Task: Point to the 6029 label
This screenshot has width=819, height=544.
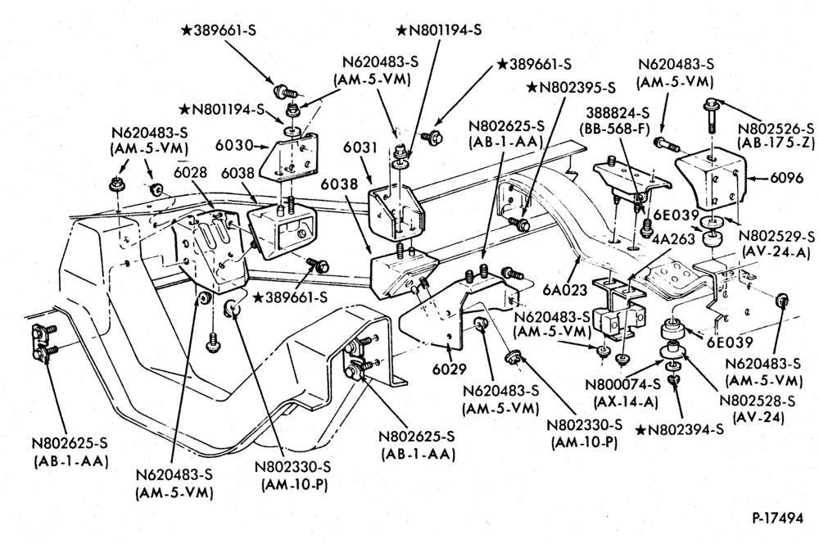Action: click(449, 369)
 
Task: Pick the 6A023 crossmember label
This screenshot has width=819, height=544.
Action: click(564, 289)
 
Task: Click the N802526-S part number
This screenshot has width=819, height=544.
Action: click(776, 128)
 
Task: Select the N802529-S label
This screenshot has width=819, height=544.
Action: click(776, 236)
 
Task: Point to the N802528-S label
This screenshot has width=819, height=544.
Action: click(758, 401)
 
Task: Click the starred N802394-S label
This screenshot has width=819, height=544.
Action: click(681, 429)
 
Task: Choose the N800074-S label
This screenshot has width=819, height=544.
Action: click(623, 384)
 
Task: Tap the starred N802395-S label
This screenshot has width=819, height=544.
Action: click(571, 87)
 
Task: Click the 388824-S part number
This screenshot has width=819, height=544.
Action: click(618, 112)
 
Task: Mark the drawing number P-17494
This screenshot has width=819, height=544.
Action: click(778, 518)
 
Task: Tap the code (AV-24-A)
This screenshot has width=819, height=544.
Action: click(775, 253)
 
